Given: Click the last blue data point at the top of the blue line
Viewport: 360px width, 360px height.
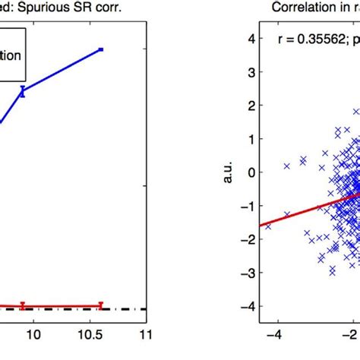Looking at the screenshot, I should pyautogui.click(x=101, y=49).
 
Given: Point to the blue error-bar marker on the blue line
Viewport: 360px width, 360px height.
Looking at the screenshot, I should pyautogui.click(x=23, y=91).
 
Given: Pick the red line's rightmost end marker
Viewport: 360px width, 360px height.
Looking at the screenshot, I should pyautogui.click(x=101, y=305).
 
